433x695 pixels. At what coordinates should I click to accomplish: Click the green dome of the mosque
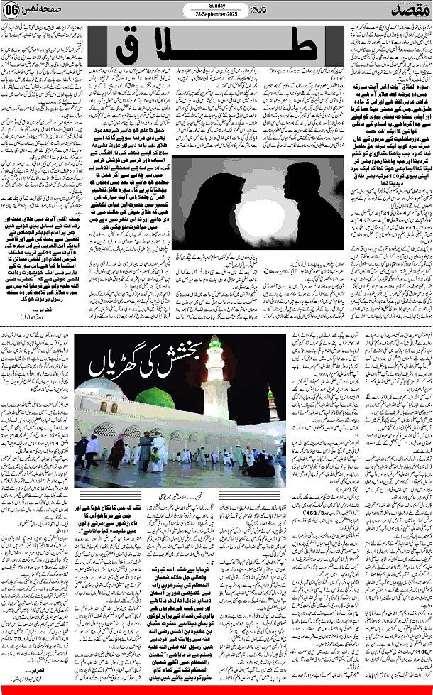coord(155,398)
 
